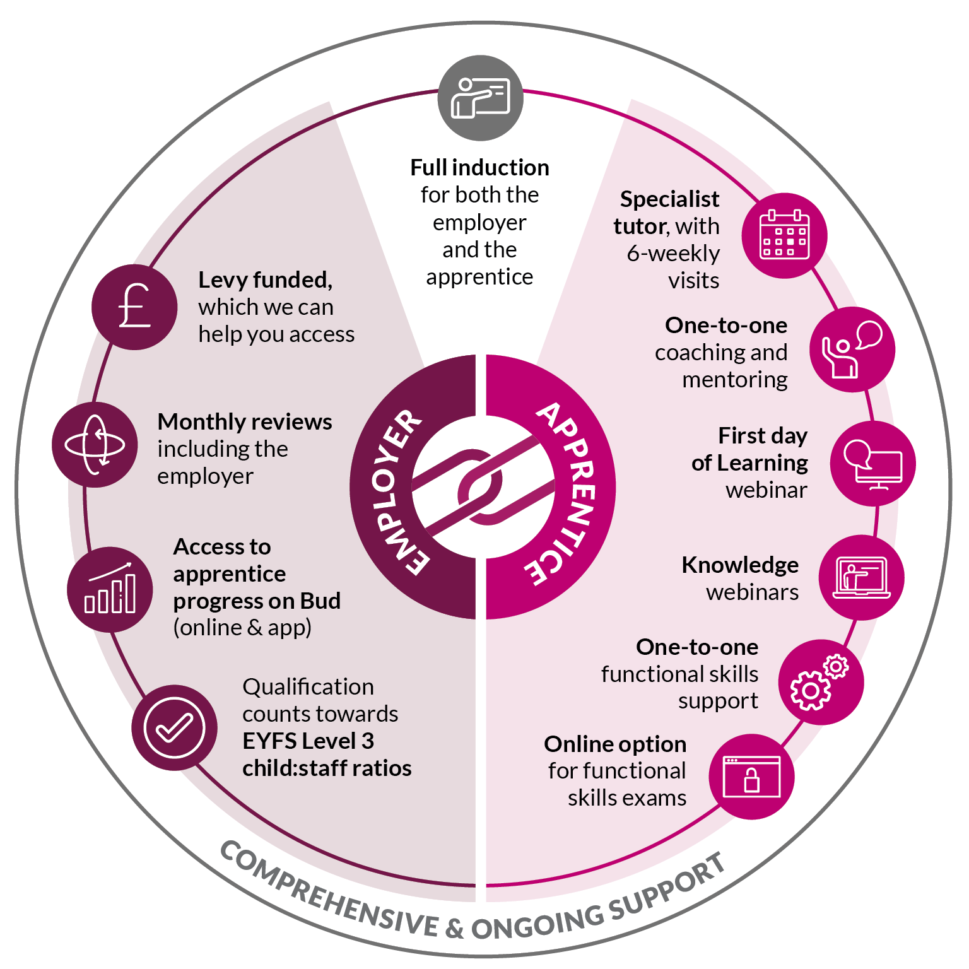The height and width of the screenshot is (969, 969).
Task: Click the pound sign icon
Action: pyautogui.click(x=134, y=307)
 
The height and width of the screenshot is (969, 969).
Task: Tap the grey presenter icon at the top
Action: pyautogui.click(x=480, y=98)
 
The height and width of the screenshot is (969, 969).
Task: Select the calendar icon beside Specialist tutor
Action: pyautogui.click(x=784, y=235)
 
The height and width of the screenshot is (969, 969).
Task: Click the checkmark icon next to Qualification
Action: pyautogui.click(x=174, y=727)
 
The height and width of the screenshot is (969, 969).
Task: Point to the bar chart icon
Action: pyautogui.click(x=110, y=589)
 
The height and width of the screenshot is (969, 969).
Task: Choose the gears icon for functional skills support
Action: pyautogui.click(x=820, y=682)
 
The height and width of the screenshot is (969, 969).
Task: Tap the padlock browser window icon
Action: pyautogui.click(x=751, y=777)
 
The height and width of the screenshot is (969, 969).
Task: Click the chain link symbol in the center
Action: pyautogui.click(x=483, y=486)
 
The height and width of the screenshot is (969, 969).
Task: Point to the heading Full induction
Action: pyautogui.click(x=479, y=168)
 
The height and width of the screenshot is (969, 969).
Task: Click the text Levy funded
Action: pyautogui.click(x=265, y=279)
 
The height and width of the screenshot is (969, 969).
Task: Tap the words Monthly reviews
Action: pyautogui.click(x=245, y=421)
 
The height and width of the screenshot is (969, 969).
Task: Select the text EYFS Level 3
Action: pyautogui.click(x=308, y=741)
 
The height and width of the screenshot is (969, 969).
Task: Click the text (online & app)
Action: pyautogui.click(x=242, y=628)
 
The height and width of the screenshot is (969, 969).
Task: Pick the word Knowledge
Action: pyautogui.click(x=740, y=565)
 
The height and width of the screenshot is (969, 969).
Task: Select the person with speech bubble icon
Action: pyautogui.click(x=852, y=349)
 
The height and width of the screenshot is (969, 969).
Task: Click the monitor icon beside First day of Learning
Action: pyautogui.click(x=872, y=464)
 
